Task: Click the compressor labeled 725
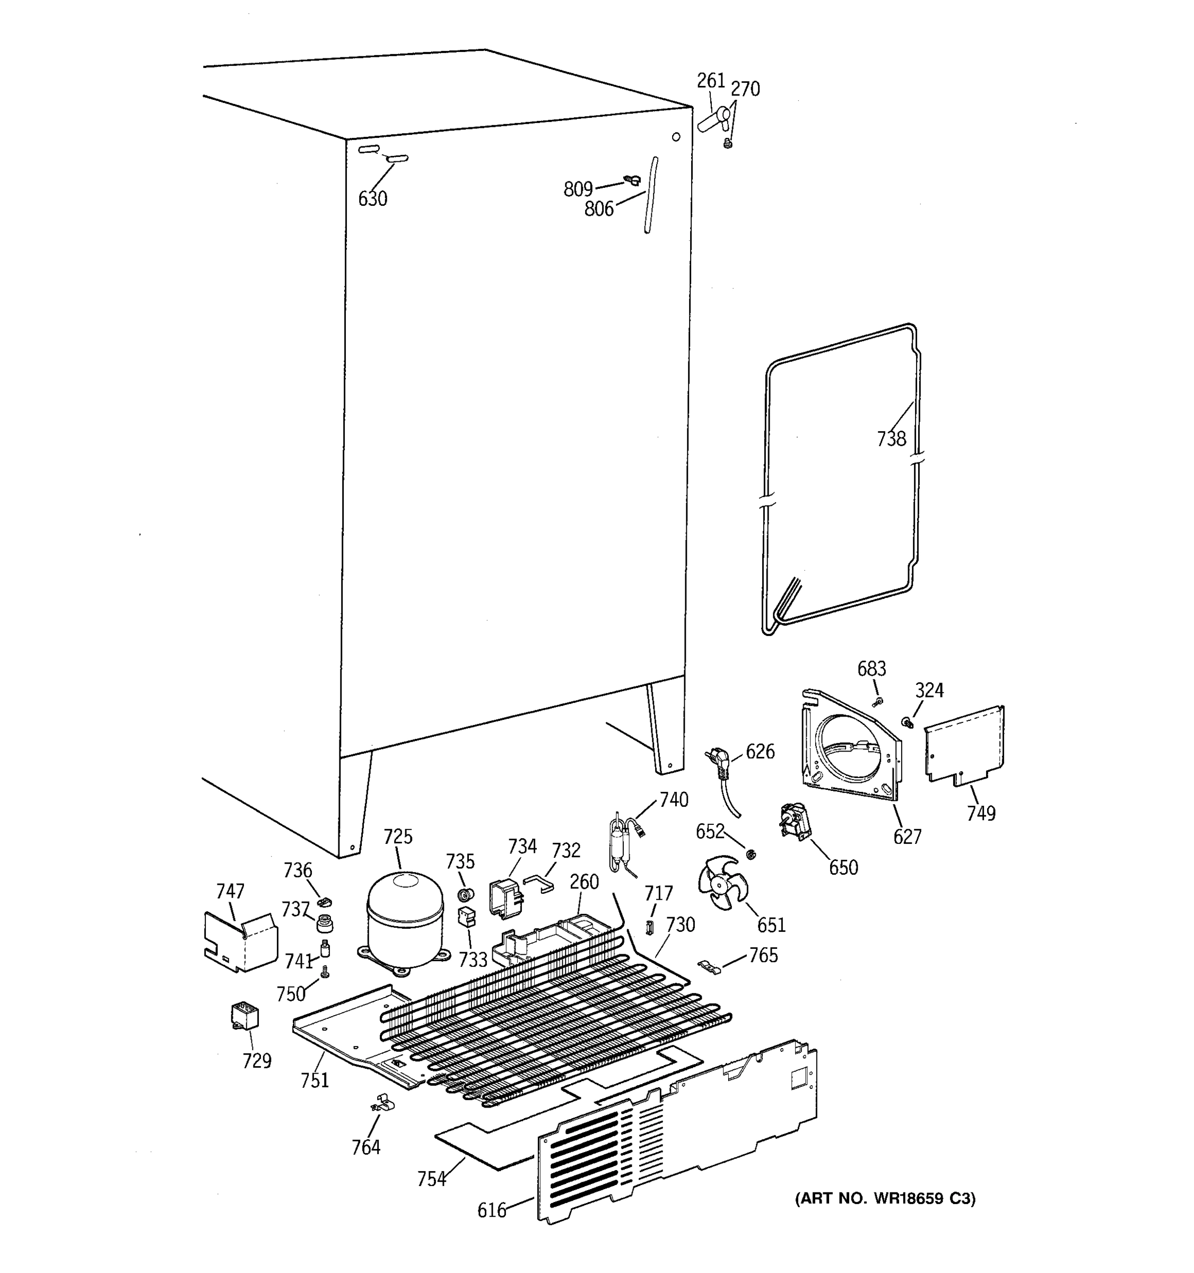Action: click(x=405, y=920)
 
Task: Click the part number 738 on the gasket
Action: click(x=891, y=439)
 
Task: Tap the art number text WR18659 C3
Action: click(x=885, y=1198)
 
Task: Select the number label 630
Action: click(x=372, y=199)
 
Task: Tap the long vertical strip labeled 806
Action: click(x=650, y=195)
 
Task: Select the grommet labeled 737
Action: click(x=326, y=924)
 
